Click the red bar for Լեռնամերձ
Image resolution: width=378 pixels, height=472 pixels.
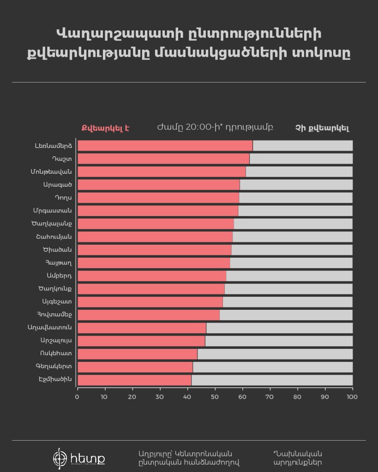pyautogui.click(x=165, y=146)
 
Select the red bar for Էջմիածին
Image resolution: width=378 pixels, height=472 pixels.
pyautogui.click(x=134, y=380)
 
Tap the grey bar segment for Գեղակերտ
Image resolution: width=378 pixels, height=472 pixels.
pyautogui.click(x=272, y=367)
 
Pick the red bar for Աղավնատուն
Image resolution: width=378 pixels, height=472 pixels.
pyautogui.click(x=142, y=328)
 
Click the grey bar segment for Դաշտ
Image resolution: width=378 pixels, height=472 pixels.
pyautogui.click(x=301, y=159)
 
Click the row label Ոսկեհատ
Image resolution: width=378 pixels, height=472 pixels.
pyautogui.click(x=56, y=354)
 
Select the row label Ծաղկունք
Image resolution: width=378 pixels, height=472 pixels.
pyautogui.click(x=55, y=289)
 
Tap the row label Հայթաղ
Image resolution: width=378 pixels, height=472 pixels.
pyautogui.click(x=59, y=263)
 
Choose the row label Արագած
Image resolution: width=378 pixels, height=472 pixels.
pyautogui.click(x=58, y=184)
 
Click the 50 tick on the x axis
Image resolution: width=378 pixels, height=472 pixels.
pyautogui.click(x=215, y=396)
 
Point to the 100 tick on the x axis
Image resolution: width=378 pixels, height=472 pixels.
pyautogui.click(x=352, y=396)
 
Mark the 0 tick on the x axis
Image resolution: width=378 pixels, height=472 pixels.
pyautogui.click(x=77, y=396)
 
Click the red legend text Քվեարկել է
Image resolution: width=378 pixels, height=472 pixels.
pyautogui.click(x=105, y=128)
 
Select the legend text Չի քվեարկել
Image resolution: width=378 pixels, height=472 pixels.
pyautogui.click(x=322, y=128)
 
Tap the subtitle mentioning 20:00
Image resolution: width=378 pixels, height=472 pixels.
pyautogui.click(x=215, y=127)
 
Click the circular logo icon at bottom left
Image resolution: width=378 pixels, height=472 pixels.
pyautogui.click(x=60, y=459)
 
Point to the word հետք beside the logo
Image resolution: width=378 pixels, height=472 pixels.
pyautogui.click(x=88, y=459)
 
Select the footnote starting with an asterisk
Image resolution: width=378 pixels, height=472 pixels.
pyautogui.click(x=298, y=458)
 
